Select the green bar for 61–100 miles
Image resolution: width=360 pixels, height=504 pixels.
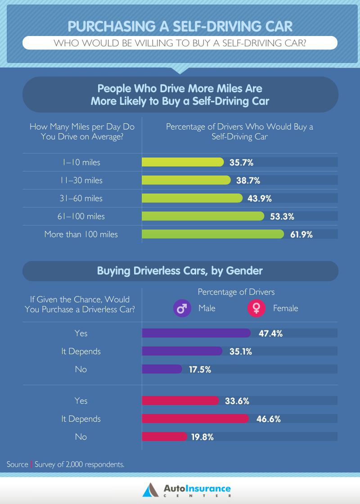202,216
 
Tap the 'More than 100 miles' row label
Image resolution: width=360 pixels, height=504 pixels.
81,234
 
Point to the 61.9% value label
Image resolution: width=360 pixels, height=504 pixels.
300,234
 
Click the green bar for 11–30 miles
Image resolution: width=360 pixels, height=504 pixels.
186,180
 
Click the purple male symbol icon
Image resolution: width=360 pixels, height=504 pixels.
182,308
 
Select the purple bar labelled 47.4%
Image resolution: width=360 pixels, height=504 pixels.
196,333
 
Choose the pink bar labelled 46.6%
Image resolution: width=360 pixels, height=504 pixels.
195,418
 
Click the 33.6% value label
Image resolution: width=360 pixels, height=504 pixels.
237,400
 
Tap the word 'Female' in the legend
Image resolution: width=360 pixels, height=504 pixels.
285,308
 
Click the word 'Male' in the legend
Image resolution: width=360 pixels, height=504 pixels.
207,308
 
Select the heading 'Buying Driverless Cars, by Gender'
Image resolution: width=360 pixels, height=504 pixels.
180,271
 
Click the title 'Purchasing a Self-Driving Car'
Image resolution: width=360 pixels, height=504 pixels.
180,26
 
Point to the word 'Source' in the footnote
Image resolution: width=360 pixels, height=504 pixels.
18,464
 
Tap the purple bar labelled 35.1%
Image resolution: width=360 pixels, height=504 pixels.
182,351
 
